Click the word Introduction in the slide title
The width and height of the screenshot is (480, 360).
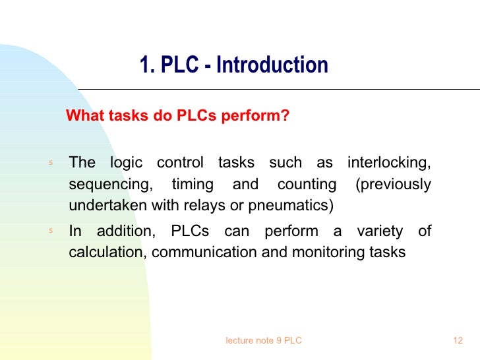click(272, 65)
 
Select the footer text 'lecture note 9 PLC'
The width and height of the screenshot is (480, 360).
click(264, 340)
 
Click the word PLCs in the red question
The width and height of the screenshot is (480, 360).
click(198, 117)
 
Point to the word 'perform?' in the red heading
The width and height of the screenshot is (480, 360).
click(256, 117)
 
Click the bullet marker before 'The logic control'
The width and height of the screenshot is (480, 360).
click(50, 163)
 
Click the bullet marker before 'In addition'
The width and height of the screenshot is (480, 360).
click(50, 231)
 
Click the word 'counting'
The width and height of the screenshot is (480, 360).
click(307, 184)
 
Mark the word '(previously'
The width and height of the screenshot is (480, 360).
click(394, 184)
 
